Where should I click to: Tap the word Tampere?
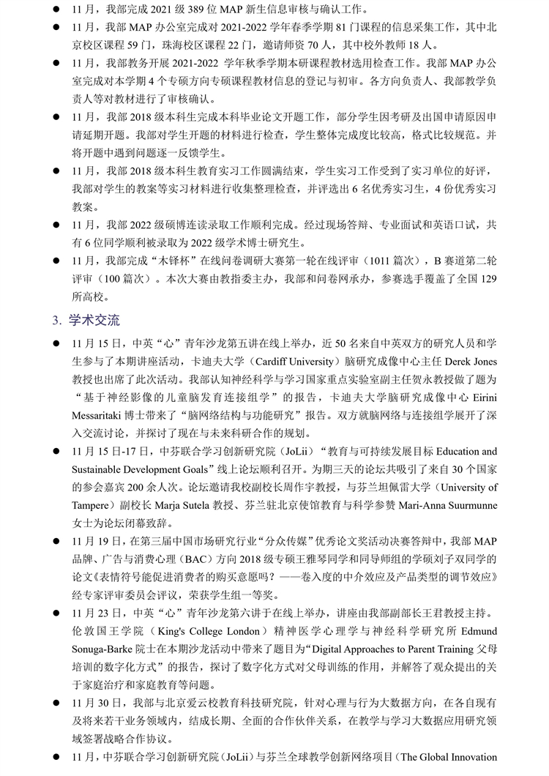pyautogui.click(x=91, y=506)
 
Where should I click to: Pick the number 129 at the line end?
pyautogui.click(x=486, y=278)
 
